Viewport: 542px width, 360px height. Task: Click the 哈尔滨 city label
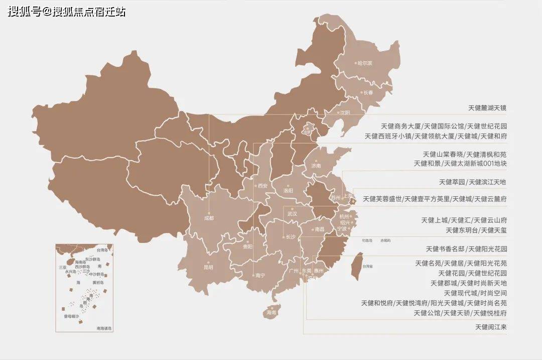click(365, 63)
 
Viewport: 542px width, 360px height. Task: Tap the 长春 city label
click(368, 92)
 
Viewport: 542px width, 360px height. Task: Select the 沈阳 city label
click(344, 113)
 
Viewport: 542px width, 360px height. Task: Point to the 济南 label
click(316, 166)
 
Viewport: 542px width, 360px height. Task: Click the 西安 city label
click(263, 186)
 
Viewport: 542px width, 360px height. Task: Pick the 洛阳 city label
click(288, 191)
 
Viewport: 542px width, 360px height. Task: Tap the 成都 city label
click(209, 218)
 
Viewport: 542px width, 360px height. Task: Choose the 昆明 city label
click(208, 268)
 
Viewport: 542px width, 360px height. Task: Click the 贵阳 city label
click(248, 247)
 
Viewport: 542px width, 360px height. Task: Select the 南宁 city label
click(260, 275)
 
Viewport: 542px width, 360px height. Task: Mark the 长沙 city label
click(291, 237)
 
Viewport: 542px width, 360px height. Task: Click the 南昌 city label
click(319, 229)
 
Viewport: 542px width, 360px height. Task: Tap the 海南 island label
click(272, 312)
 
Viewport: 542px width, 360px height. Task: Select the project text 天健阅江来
click(491, 327)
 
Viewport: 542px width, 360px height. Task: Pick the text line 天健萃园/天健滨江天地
click(473, 182)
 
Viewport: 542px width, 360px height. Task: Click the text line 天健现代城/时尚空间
click(475, 293)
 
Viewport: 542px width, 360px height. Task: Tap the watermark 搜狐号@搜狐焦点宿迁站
click(66, 12)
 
